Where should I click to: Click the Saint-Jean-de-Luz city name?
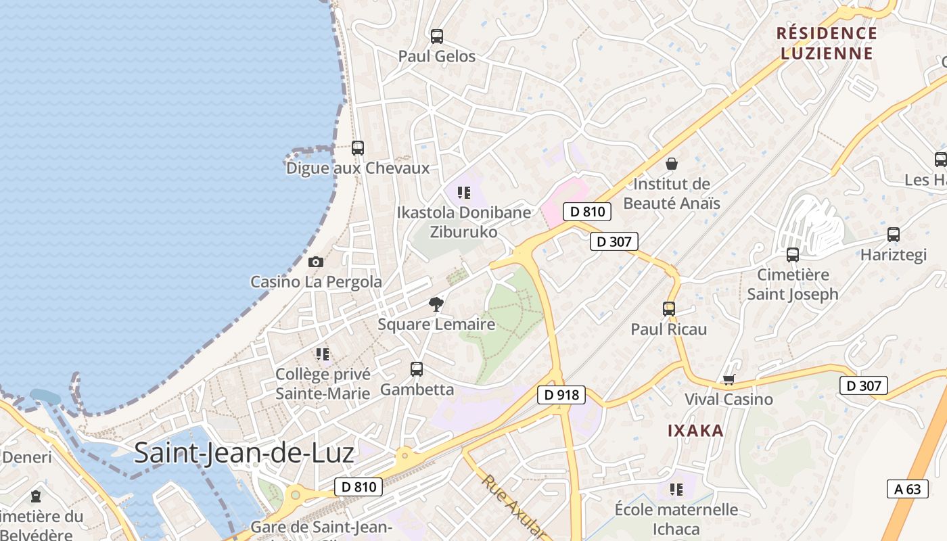click(244, 452)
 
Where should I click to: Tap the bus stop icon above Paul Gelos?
click(437, 37)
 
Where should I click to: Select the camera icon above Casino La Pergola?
click(316, 262)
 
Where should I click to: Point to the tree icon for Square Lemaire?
click(436, 304)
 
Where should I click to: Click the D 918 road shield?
click(561, 395)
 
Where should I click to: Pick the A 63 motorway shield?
click(907, 489)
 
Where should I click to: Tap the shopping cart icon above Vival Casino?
click(729, 379)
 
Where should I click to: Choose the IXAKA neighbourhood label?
click(695, 431)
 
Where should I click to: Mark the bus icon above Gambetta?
click(417, 369)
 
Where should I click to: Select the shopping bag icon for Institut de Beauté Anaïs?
click(672, 164)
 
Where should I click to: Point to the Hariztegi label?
click(893, 255)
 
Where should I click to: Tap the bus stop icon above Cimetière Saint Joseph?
click(793, 255)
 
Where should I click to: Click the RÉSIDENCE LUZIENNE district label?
click(827, 43)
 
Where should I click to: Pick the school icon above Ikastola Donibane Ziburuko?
click(464, 193)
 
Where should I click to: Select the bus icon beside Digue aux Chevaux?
click(358, 147)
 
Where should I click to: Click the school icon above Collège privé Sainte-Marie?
click(323, 354)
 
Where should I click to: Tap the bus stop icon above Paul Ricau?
click(669, 309)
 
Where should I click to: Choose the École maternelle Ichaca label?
click(676, 519)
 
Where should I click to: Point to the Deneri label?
click(27, 457)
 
